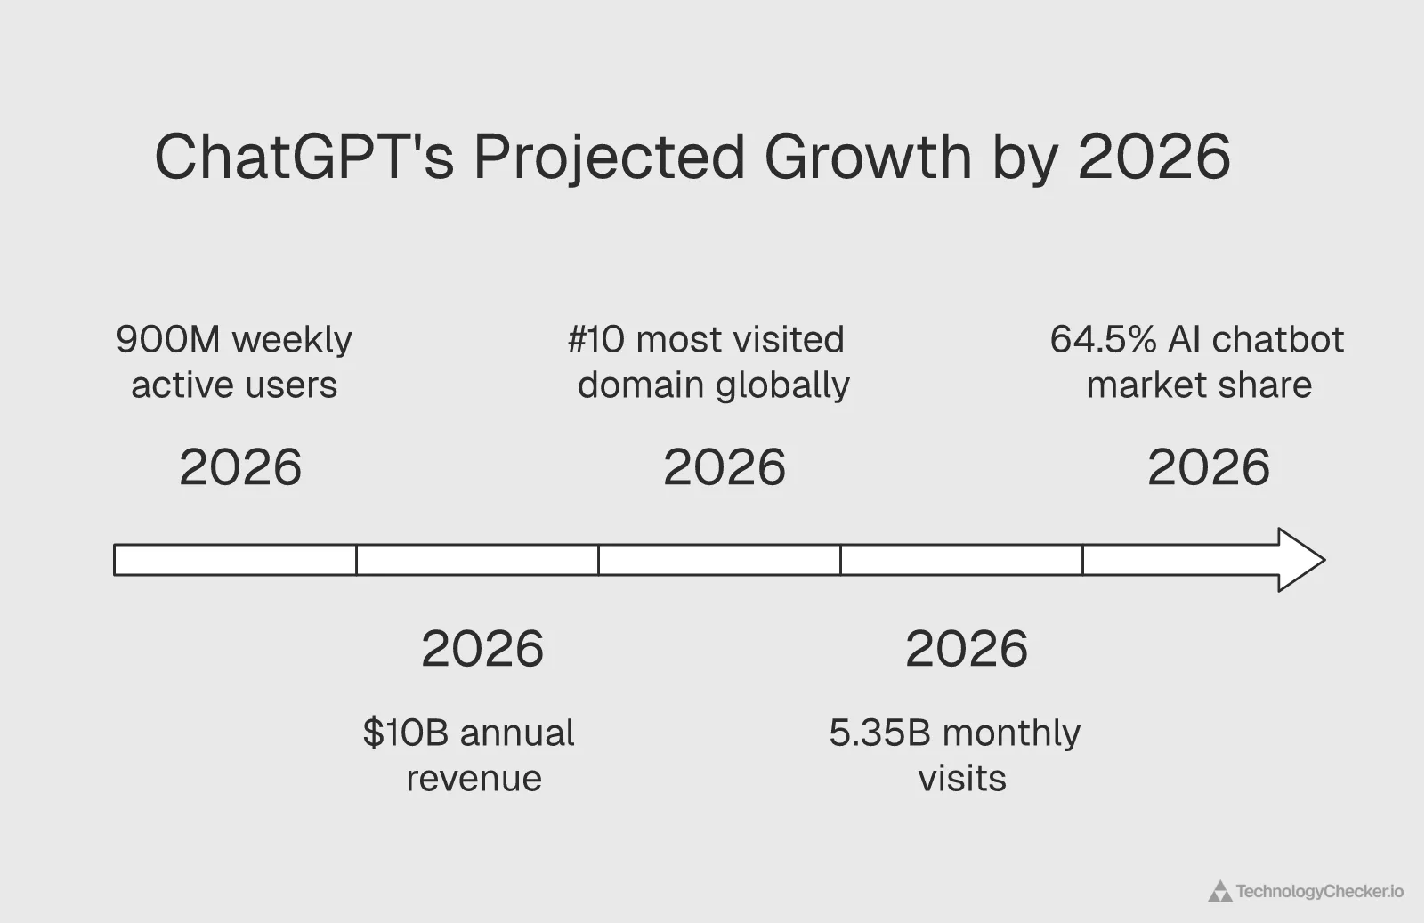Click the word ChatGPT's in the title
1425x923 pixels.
(x=304, y=157)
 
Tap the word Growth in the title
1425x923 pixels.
(x=868, y=157)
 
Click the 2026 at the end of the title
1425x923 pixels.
(x=1154, y=157)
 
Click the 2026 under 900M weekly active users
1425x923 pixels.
(x=240, y=467)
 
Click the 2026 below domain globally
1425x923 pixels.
(x=725, y=467)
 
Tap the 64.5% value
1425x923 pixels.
(x=1103, y=339)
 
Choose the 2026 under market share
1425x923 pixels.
(x=1208, y=467)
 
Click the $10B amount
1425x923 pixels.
(x=405, y=733)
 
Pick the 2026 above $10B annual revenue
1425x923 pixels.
(x=482, y=648)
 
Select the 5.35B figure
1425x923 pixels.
(x=879, y=733)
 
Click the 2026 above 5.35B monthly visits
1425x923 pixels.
(x=966, y=648)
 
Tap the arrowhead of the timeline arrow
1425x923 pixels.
(x=1300, y=560)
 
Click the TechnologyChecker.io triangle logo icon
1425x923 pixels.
(x=1219, y=891)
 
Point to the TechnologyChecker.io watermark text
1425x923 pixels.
(x=1319, y=891)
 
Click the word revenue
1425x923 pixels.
(x=474, y=779)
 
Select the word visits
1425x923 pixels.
(x=961, y=779)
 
